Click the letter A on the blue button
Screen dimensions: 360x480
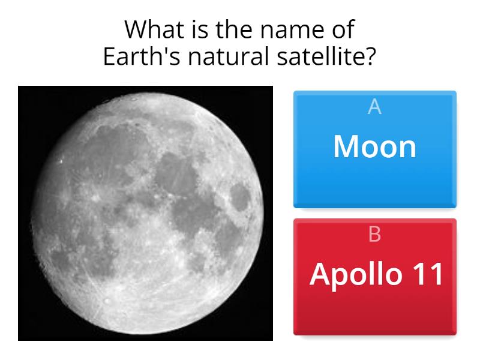[x=374, y=107]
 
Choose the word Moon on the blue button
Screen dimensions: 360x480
[x=374, y=146]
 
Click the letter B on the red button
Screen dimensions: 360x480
[x=374, y=235]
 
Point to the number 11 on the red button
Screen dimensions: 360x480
[x=427, y=274]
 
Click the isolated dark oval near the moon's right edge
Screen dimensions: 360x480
[x=240, y=196]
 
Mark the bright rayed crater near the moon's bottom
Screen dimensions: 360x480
[x=107, y=300]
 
